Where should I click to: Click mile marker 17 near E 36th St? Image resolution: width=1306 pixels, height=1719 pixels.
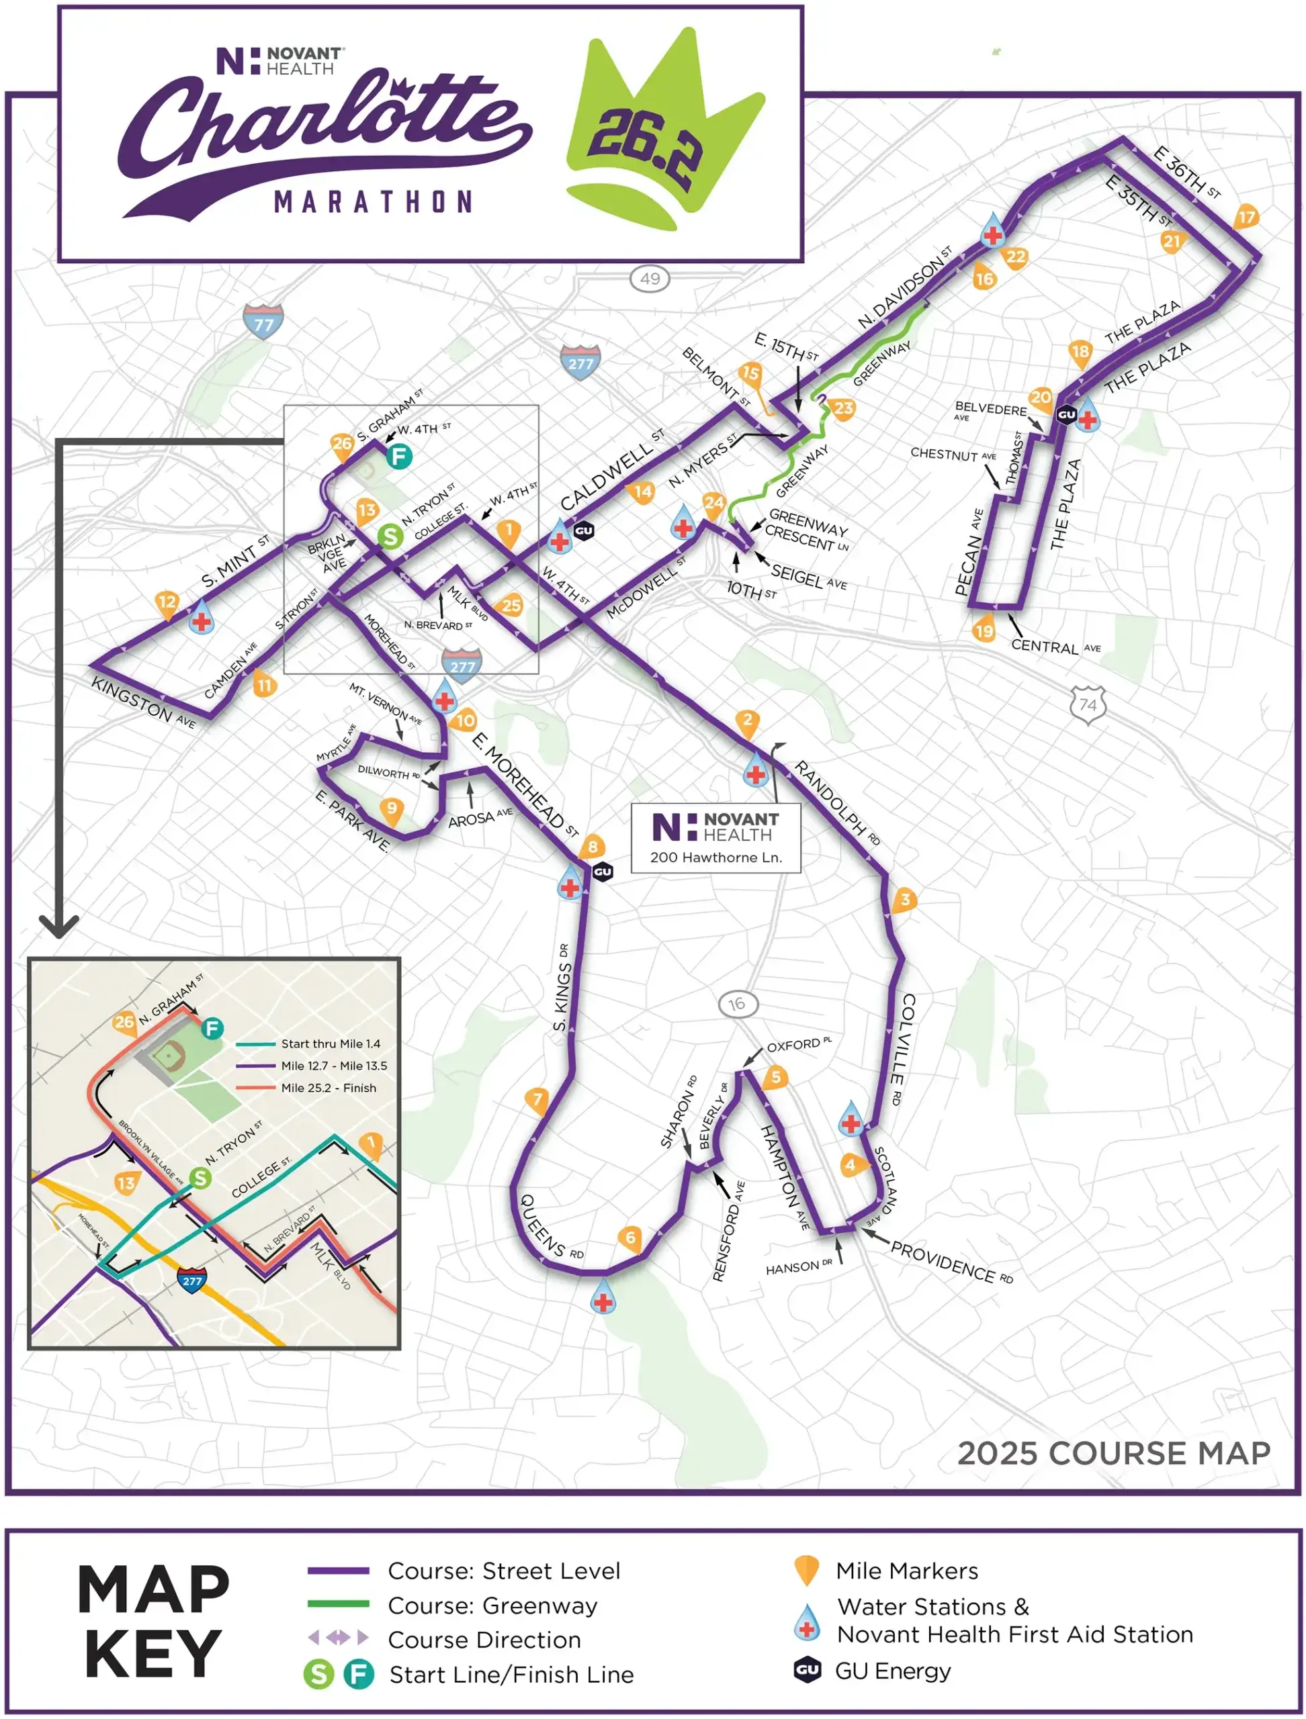1246,218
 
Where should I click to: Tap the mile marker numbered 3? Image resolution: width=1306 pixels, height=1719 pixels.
904,900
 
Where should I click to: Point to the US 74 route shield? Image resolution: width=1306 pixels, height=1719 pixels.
1088,705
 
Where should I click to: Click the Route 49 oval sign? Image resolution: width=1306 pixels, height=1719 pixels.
650,278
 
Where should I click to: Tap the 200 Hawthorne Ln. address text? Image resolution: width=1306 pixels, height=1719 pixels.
715,857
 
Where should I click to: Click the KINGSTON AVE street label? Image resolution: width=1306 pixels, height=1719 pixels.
142,702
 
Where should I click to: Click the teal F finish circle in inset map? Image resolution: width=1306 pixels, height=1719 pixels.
212,1029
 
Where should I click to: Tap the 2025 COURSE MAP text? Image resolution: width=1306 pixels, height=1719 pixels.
1113,1452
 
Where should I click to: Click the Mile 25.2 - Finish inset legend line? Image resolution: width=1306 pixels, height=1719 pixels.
256,1088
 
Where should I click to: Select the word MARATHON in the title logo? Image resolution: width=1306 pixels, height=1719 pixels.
373,202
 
